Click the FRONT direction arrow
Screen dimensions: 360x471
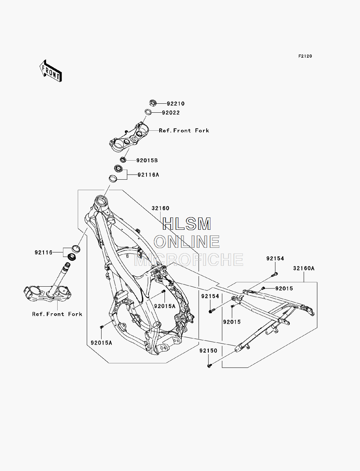(x=50, y=71)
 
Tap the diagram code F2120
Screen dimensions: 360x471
(x=305, y=56)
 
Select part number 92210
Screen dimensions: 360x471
(x=176, y=104)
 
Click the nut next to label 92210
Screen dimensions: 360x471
(x=153, y=103)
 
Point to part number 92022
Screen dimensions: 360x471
(x=171, y=113)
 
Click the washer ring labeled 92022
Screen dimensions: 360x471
(x=148, y=112)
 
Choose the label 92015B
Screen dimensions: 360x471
(x=147, y=160)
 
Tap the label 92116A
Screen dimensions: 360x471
(x=148, y=175)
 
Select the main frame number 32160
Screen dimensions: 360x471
(x=161, y=208)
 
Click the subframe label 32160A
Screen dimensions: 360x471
(x=304, y=268)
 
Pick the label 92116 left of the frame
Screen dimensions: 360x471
(x=44, y=252)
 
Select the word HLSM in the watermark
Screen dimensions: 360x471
(x=186, y=224)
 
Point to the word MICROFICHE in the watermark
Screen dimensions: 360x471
(x=189, y=259)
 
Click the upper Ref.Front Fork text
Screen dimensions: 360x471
(x=184, y=131)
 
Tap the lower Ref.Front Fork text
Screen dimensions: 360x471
(x=57, y=314)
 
